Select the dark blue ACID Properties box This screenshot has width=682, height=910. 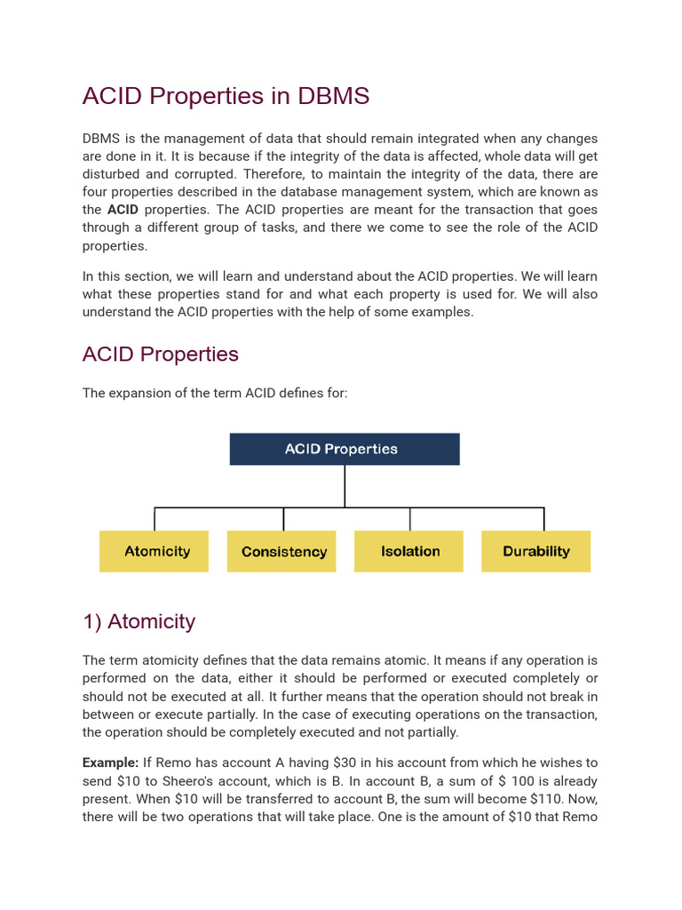345,449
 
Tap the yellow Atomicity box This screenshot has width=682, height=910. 155,551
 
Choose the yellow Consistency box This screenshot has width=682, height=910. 282,551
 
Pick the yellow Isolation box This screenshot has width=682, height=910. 409,551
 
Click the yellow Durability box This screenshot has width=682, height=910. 535,551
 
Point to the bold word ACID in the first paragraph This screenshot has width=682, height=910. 123,210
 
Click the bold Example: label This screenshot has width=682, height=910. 111,762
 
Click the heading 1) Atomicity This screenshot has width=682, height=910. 139,621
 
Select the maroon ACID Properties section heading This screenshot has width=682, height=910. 161,354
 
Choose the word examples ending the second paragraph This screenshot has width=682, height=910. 444,311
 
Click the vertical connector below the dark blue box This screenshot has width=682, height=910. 345,485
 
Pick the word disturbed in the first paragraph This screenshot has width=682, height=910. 112,174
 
